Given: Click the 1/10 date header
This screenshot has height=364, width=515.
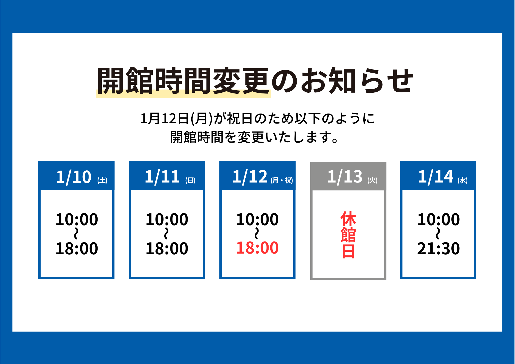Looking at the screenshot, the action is click(x=74, y=177).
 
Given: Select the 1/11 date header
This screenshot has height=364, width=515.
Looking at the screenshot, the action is click(x=162, y=177).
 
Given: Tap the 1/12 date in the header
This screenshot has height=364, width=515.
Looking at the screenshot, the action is click(x=250, y=177).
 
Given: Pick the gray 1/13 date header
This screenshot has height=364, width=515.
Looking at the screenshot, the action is click(x=345, y=177).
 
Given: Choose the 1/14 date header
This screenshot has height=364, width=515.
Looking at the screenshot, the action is click(x=436, y=177).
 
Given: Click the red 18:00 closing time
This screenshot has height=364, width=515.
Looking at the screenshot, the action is click(x=257, y=248).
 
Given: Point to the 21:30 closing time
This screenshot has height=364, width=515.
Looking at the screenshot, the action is click(x=439, y=248).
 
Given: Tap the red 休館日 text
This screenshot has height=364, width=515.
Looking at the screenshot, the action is click(x=348, y=235).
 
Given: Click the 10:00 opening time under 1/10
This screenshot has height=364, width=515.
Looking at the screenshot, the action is click(x=77, y=220).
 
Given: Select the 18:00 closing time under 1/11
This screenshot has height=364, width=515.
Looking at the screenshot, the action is click(x=167, y=248).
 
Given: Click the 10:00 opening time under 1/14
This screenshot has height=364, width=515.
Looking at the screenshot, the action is click(x=439, y=220).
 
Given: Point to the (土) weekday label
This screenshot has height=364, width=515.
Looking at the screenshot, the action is click(x=102, y=180).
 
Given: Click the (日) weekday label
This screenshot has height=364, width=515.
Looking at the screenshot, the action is click(x=190, y=180).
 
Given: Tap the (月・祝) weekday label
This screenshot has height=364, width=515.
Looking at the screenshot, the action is click(x=282, y=180).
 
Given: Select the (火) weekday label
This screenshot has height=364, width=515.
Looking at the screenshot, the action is click(x=372, y=180).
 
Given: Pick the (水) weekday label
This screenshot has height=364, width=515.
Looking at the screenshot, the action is click(x=462, y=180).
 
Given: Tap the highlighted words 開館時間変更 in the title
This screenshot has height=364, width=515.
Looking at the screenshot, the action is click(x=183, y=81).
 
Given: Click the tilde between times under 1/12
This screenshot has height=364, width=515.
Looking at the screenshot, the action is click(x=257, y=233).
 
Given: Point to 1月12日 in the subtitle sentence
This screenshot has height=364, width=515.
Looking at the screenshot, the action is click(x=165, y=119).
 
